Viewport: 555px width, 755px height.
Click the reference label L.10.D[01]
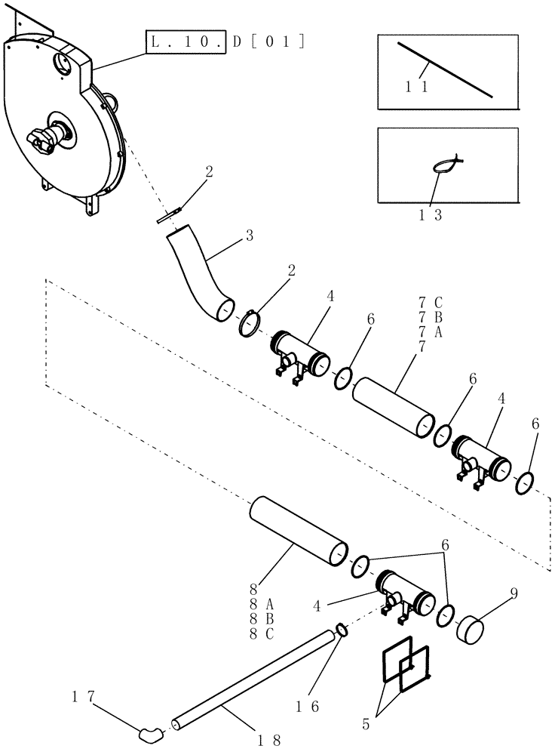[225, 42]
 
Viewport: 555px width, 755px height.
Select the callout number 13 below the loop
[432, 214]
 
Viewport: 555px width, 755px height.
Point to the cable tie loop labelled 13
[449, 164]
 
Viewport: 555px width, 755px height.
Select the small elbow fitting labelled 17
[149, 731]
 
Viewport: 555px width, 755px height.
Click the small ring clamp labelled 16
[340, 630]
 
